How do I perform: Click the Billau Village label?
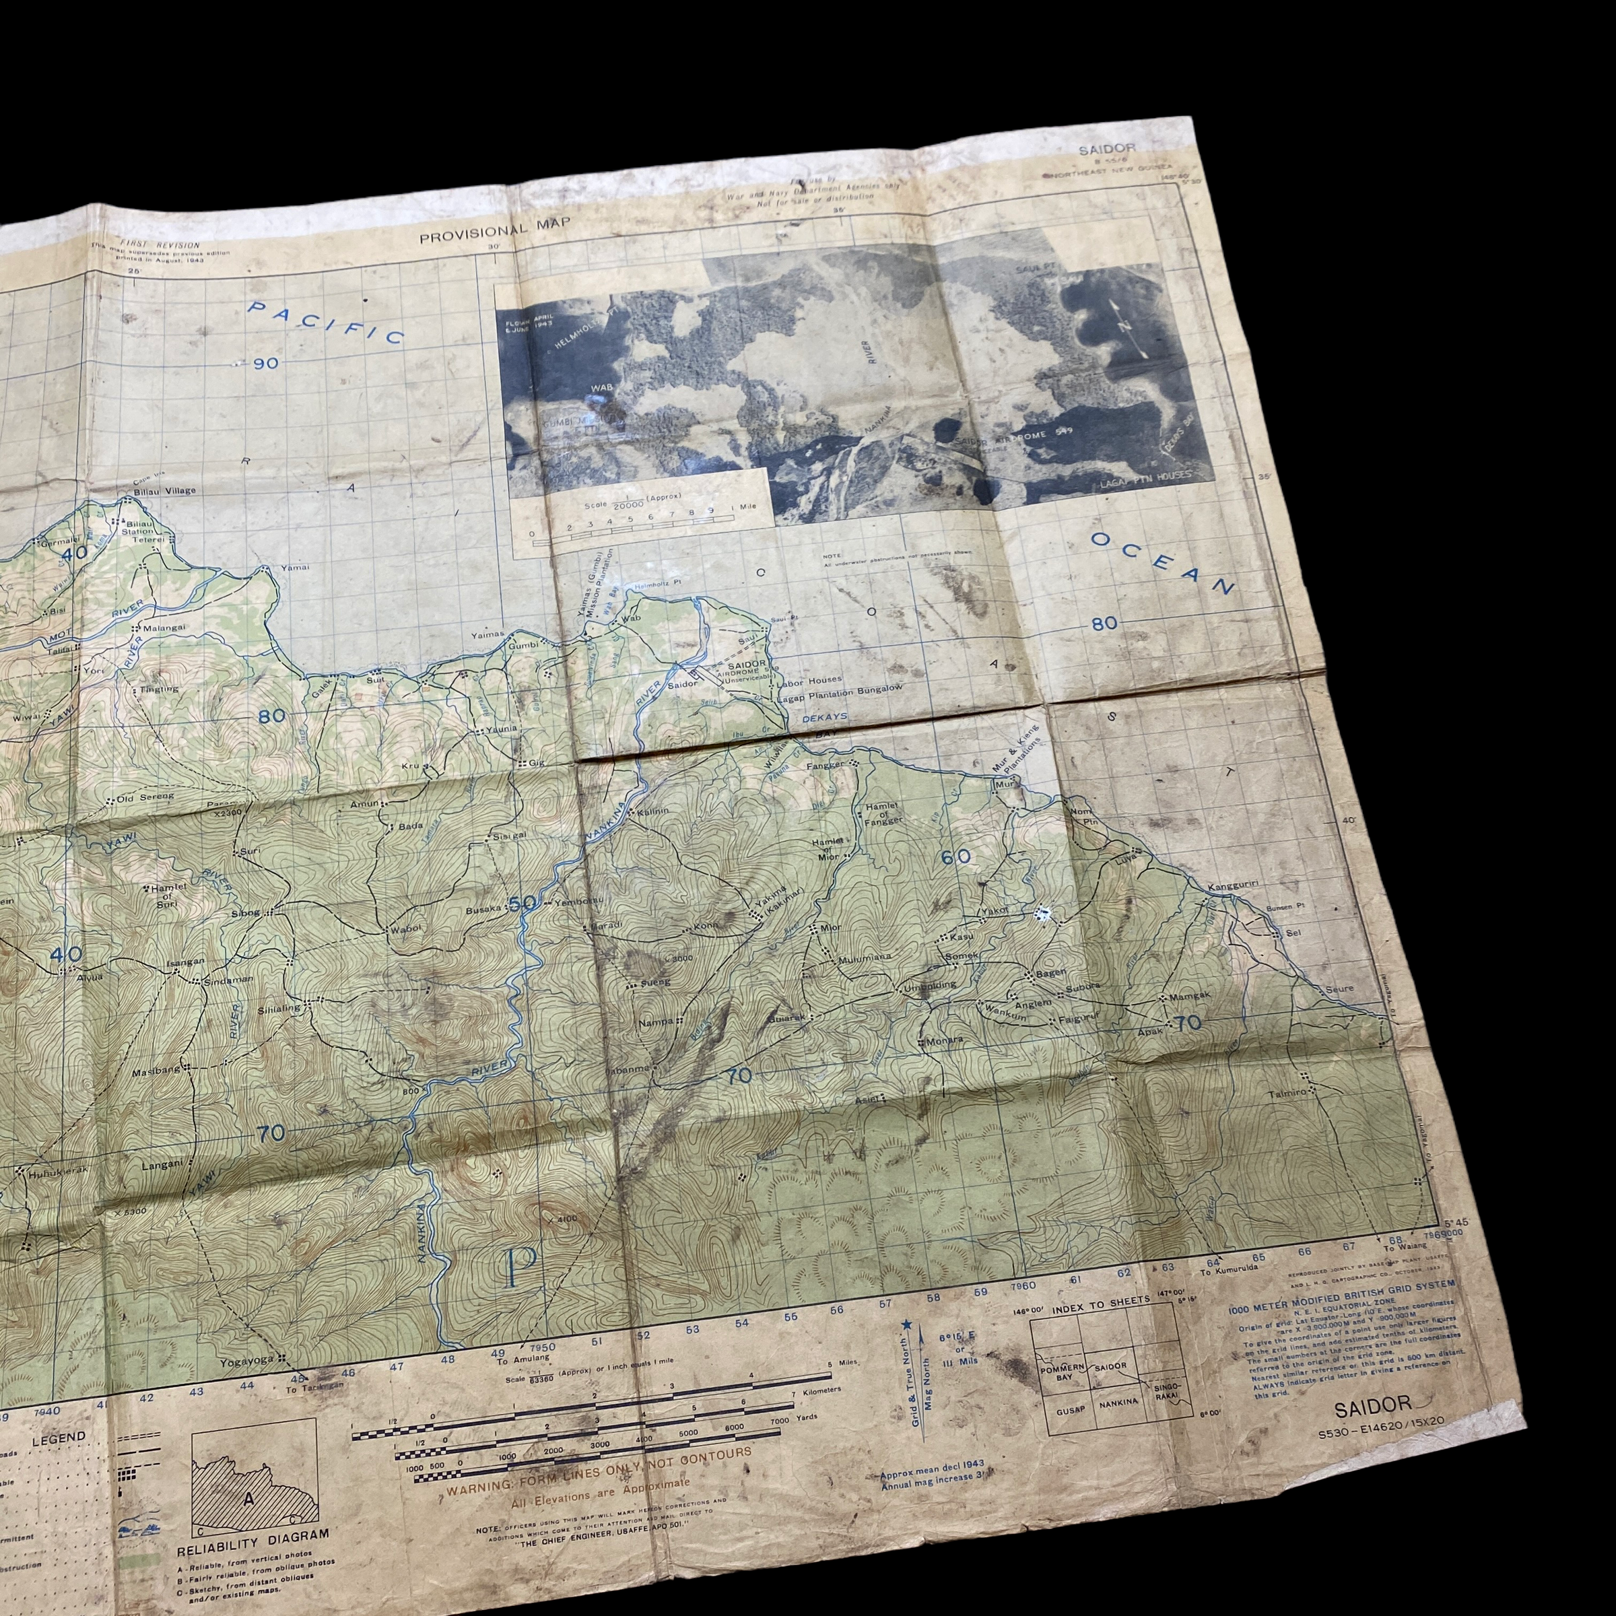163,490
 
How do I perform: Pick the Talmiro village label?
1287,1092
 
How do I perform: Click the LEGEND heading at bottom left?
59,1437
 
